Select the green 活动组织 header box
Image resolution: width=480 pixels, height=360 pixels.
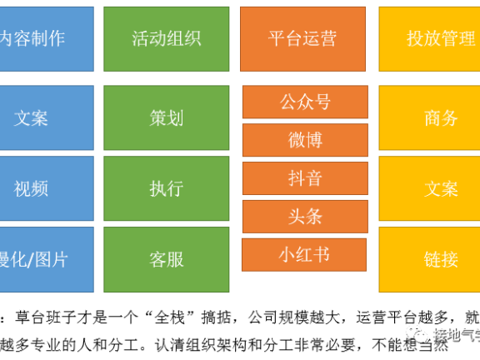click(166, 38)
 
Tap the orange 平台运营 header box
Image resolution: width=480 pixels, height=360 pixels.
click(302, 38)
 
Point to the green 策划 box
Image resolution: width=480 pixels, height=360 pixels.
click(166, 117)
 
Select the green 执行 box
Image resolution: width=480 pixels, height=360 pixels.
click(166, 188)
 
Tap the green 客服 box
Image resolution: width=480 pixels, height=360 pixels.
click(166, 258)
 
